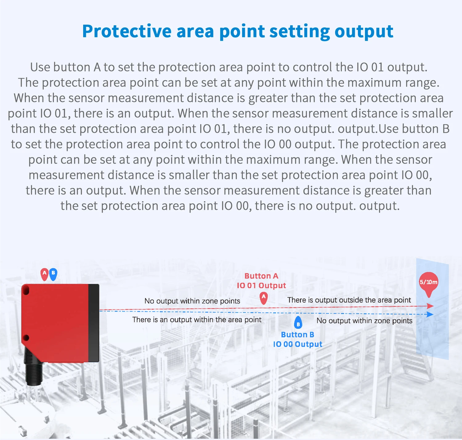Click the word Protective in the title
[x=127, y=31]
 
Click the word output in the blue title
[x=364, y=31]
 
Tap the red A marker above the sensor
[x=45, y=274]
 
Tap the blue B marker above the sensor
[x=53, y=274]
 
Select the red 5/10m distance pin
[x=428, y=283]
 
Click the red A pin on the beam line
[x=264, y=298]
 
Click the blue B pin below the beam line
[x=298, y=323]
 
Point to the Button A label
[x=261, y=276]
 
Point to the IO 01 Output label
[x=261, y=285]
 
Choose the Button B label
[x=298, y=335]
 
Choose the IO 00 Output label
[x=298, y=344]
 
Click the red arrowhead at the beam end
[x=430, y=306]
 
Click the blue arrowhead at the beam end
[x=430, y=314]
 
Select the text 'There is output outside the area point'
[x=349, y=300]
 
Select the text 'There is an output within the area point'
[x=197, y=320]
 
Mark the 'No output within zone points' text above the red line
[x=192, y=301]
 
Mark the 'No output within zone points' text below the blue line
[x=364, y=321]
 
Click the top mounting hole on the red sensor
[x=26, y=290]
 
